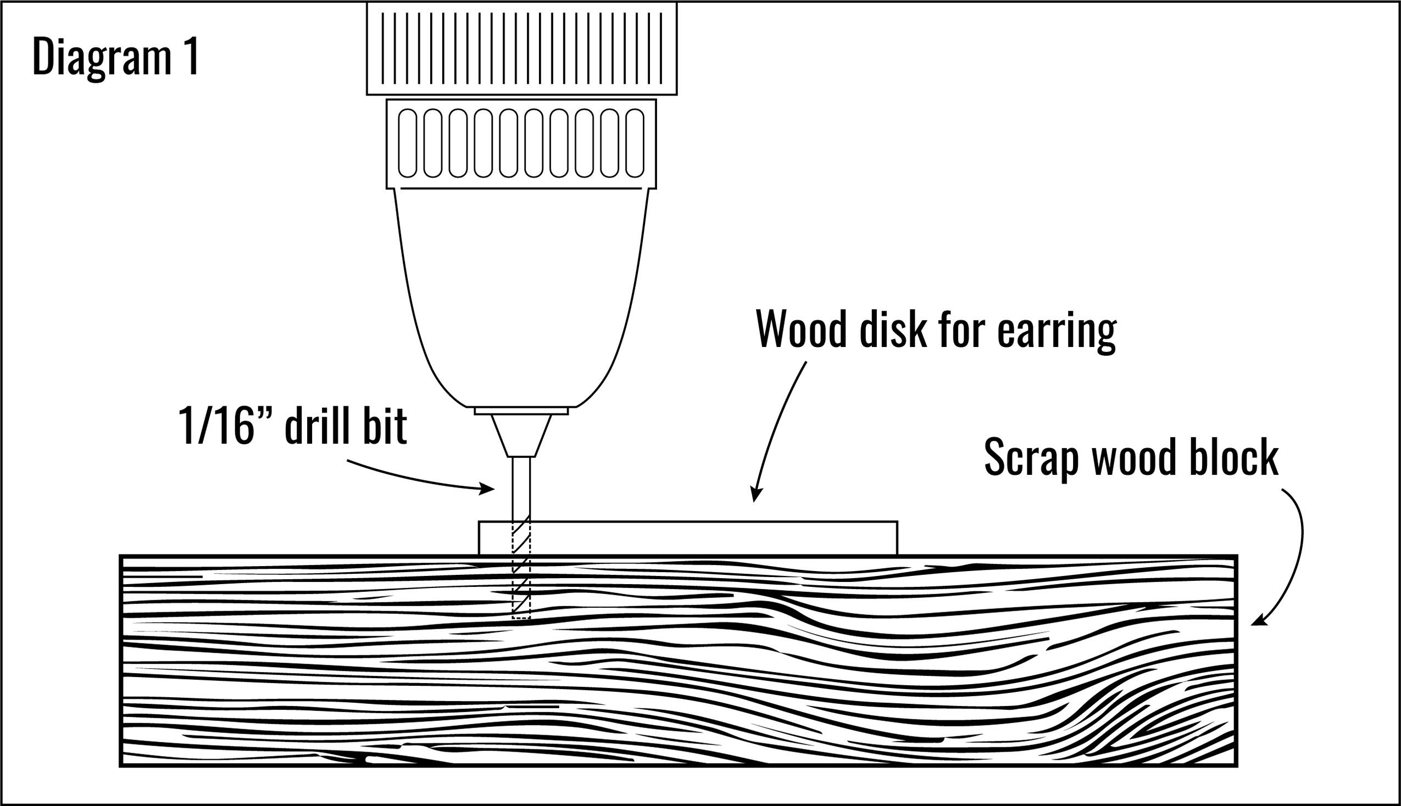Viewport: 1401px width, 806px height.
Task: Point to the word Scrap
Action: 1031,458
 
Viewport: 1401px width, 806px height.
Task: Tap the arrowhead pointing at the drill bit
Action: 488,488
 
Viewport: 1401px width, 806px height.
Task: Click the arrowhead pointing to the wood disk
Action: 755,495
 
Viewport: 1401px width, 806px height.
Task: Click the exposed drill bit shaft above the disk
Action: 521,487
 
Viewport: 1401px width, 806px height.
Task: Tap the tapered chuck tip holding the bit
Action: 521,435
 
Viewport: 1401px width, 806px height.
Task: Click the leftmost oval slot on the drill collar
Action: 408,143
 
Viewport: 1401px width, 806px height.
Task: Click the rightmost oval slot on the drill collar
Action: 635,143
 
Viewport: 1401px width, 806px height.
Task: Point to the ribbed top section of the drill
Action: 521,47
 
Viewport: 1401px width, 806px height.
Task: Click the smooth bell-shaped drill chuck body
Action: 521,293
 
